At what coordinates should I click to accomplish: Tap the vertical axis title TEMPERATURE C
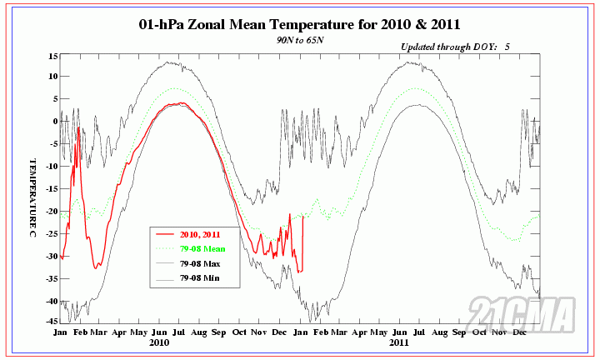[32, 191]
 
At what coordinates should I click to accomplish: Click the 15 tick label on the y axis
[52, 56]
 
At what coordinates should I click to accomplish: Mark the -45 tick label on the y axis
[50, 321]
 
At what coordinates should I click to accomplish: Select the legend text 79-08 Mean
[203, 249]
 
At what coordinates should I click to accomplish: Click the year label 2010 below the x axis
[158, 342]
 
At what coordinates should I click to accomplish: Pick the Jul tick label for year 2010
[179, 331]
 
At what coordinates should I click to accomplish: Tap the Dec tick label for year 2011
[520, 331]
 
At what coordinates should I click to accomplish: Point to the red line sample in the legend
[165, 234]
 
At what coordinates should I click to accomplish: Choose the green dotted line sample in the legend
[165, 249]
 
